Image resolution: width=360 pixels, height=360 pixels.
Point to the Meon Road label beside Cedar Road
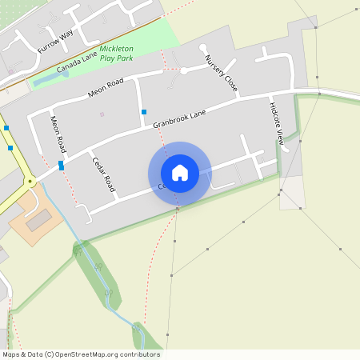pos(57,134)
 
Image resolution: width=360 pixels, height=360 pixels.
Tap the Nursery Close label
pos(221,72)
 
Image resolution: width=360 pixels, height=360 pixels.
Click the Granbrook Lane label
pos(180,118)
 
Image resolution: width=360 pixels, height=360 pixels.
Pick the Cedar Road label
pos(104,172)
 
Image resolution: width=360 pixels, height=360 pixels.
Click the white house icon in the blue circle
pos(180,173)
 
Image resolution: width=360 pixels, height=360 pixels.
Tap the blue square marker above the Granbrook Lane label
pos(144,112)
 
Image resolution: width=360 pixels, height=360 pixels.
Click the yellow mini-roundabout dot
pos(30,182)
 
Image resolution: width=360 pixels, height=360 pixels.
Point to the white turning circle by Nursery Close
pos(183,71)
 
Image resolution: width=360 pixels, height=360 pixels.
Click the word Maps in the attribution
pos(10,354)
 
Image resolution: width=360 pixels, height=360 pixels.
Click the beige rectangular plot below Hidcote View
pos(292,192)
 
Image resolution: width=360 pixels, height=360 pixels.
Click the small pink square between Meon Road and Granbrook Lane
pos(102,114)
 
